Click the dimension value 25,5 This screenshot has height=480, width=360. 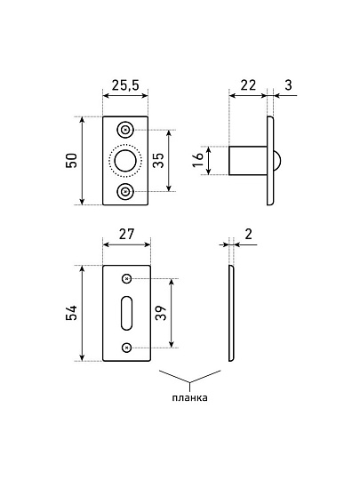pos(125,85)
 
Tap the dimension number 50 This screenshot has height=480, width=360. pos(71,160)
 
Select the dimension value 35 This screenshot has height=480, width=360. pos(158,160)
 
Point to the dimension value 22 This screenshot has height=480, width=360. pos(248,85)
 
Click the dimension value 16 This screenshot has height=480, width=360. pos(198,160)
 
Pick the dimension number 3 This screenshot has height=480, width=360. pos(288,85)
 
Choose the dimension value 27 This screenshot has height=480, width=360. pos(126,234)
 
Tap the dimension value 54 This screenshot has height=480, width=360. pos(71,313)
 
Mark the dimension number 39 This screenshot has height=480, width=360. pos(161,313)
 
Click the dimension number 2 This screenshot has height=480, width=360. pos(248,234)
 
